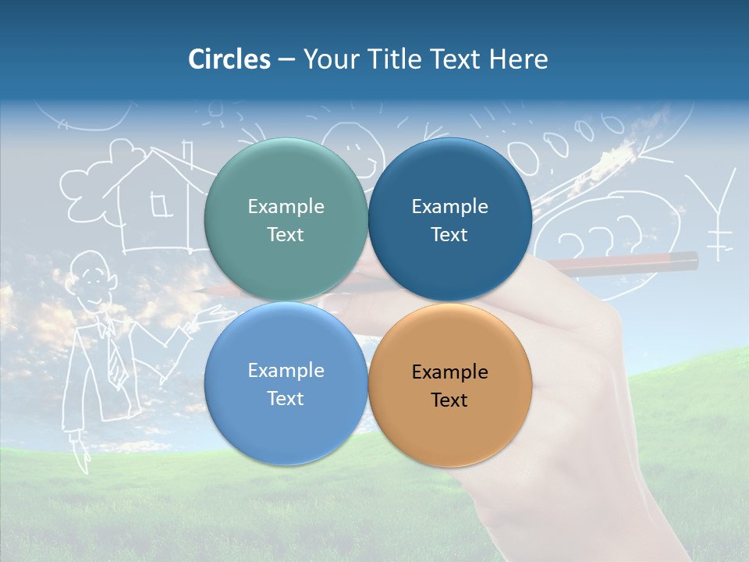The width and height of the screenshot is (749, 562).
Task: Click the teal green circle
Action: [286, 220]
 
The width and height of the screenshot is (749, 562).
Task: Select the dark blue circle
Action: [449, 220]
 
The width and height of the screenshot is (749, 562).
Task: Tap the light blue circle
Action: [286, 384]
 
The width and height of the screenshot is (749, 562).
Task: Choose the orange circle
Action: [449, 384]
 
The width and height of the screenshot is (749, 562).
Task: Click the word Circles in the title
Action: [229, 59]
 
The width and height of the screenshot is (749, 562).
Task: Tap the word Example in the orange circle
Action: [449, 372]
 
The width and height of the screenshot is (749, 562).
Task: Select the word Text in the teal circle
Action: [286, 235]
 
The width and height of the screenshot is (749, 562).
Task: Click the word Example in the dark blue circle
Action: [449, 207]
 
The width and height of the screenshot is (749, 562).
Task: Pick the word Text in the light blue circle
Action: [286, 399]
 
